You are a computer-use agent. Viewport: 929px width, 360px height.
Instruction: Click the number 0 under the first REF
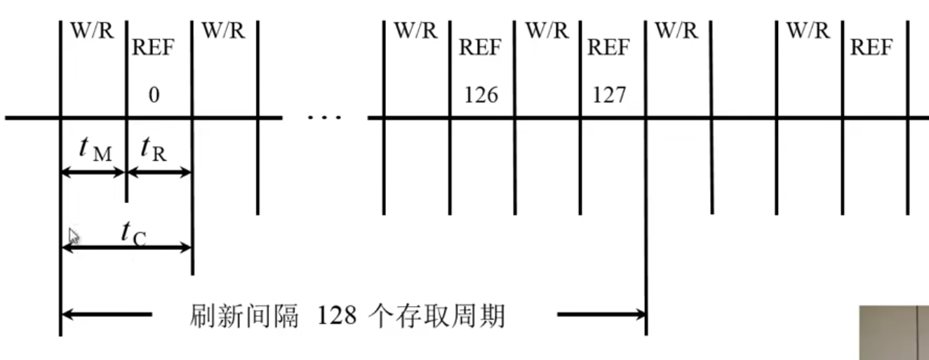click(x=154, y=95)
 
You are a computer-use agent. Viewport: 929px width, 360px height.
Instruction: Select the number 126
click(x=481, y=95)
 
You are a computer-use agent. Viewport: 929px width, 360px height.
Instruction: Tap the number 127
click(x=609, y=95)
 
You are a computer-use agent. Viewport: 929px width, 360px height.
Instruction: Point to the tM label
click(x=95, y=148)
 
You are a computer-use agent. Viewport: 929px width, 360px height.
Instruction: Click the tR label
click(x=154, y=148)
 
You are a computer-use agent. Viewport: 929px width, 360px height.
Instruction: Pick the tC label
click(x=133, y=232)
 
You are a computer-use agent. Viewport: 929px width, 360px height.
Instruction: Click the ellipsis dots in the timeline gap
click(x=325, y=117)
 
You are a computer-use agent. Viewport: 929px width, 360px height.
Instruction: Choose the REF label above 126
click(x=481, y=48)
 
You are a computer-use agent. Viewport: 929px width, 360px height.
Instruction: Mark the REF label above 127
click(x=608, y=48)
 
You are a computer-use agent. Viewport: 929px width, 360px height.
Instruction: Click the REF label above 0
click(x=153, y=48)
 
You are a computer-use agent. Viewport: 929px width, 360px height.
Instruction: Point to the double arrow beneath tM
click(x=93, y=172)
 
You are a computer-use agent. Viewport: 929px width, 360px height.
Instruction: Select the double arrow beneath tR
click(x=159, y=172)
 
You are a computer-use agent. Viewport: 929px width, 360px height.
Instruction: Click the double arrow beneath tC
click(x=126, y=247)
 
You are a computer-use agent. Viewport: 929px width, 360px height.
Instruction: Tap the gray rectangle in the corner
click(x=895, y=333)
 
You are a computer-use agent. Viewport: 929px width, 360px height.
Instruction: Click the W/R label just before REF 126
click(x=416, y=31)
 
